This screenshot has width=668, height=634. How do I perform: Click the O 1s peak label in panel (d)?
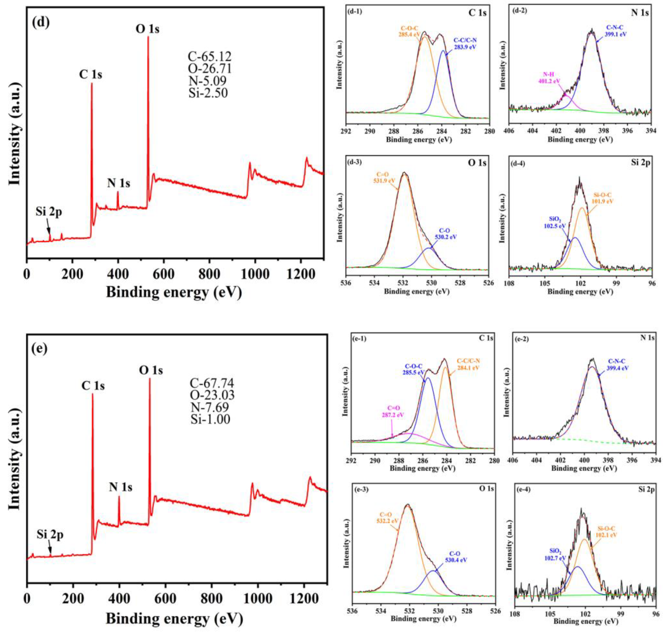(147, 29)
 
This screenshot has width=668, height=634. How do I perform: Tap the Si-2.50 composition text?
(208, 93)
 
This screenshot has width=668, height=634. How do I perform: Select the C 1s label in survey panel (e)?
(93, 386)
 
